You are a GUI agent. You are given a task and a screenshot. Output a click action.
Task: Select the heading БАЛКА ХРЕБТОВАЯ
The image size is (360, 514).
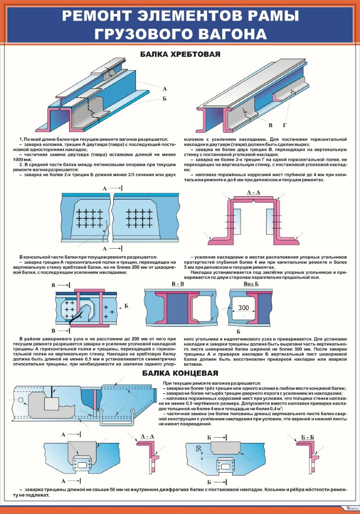180,55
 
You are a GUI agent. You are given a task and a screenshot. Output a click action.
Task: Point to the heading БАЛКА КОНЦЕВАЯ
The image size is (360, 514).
180,372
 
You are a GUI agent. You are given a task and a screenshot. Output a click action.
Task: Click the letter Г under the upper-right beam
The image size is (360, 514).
285,126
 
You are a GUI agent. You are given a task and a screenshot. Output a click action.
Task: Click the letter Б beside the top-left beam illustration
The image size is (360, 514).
164,98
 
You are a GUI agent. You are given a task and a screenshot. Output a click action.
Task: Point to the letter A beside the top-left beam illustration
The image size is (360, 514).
164,89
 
